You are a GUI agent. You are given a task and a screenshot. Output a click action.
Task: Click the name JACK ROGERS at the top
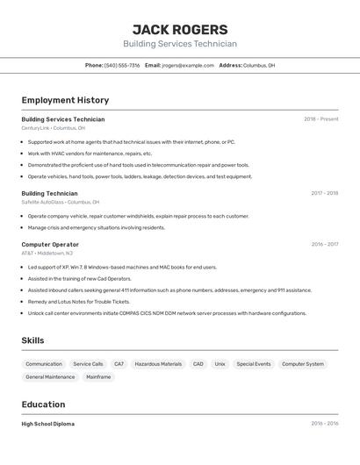pos(179,29)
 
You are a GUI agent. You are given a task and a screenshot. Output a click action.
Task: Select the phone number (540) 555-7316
pos(122,65)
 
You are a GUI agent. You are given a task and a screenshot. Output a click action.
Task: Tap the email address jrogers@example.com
pos(188,65)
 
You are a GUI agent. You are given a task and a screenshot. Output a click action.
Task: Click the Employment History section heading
pos(65,100)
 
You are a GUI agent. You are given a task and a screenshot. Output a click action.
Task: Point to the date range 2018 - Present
pos(320,119)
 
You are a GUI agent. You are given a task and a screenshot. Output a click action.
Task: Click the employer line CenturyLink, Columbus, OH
pos(54,128)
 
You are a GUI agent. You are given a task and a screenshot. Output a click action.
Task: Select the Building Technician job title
pos(49,193)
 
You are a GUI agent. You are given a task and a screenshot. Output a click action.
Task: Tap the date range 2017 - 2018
pos(324,193)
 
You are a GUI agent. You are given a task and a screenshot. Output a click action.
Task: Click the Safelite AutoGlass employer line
pos(60,202)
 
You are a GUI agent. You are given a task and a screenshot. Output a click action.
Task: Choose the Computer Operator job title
pos(50,245)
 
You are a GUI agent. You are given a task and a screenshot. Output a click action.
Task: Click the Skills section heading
pos(33,340)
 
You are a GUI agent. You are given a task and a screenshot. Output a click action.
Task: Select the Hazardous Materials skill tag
pos(158,364)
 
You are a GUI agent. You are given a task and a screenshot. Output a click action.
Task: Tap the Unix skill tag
pos(220,364)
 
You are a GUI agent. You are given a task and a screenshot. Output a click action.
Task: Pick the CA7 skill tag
pos(119,364)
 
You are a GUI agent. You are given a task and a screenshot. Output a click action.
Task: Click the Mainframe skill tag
pos(98,377)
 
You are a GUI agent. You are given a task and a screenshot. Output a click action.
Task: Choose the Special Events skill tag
pos(254,364)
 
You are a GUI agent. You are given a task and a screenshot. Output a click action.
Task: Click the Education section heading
pos(43,404)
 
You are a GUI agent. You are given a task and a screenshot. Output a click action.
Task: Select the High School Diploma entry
pos(48,424)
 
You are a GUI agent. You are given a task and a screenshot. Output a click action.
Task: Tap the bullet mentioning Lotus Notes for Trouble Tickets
pos(78,301)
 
